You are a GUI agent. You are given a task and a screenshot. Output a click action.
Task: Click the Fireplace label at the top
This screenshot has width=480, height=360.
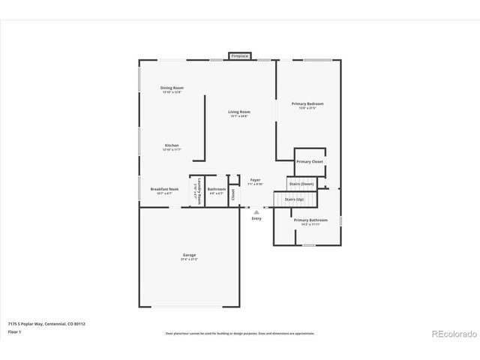240,56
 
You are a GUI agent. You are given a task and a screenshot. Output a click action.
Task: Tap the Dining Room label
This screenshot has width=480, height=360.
172,88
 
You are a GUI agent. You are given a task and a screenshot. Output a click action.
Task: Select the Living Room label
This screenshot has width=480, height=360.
239,112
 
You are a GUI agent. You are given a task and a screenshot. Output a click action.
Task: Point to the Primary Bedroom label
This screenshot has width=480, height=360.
307,103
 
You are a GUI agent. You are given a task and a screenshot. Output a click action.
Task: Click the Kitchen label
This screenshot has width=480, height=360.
172,145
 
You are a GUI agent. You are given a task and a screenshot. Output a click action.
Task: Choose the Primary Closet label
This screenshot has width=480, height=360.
309,161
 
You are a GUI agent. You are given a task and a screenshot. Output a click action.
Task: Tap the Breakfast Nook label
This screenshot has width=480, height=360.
164,189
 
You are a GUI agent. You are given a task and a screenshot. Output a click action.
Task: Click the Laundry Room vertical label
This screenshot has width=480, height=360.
197,192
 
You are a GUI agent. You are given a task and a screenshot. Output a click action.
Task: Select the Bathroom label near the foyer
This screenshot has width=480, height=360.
217,189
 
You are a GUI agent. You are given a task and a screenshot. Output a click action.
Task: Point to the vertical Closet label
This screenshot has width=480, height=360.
233,193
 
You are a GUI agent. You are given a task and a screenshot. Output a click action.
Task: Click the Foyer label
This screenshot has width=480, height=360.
255,179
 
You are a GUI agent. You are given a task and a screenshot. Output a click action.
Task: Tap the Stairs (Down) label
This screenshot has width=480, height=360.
301,184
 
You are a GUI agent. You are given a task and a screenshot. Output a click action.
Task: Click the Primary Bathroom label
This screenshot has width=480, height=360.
310,220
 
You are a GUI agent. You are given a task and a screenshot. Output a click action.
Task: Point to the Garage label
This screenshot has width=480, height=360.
189,255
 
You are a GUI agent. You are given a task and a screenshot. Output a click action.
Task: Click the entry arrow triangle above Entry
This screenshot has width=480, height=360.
256,212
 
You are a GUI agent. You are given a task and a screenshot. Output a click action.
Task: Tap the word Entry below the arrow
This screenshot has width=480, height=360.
256,218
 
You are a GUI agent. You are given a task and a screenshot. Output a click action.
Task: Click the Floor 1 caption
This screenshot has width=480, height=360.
14,331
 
